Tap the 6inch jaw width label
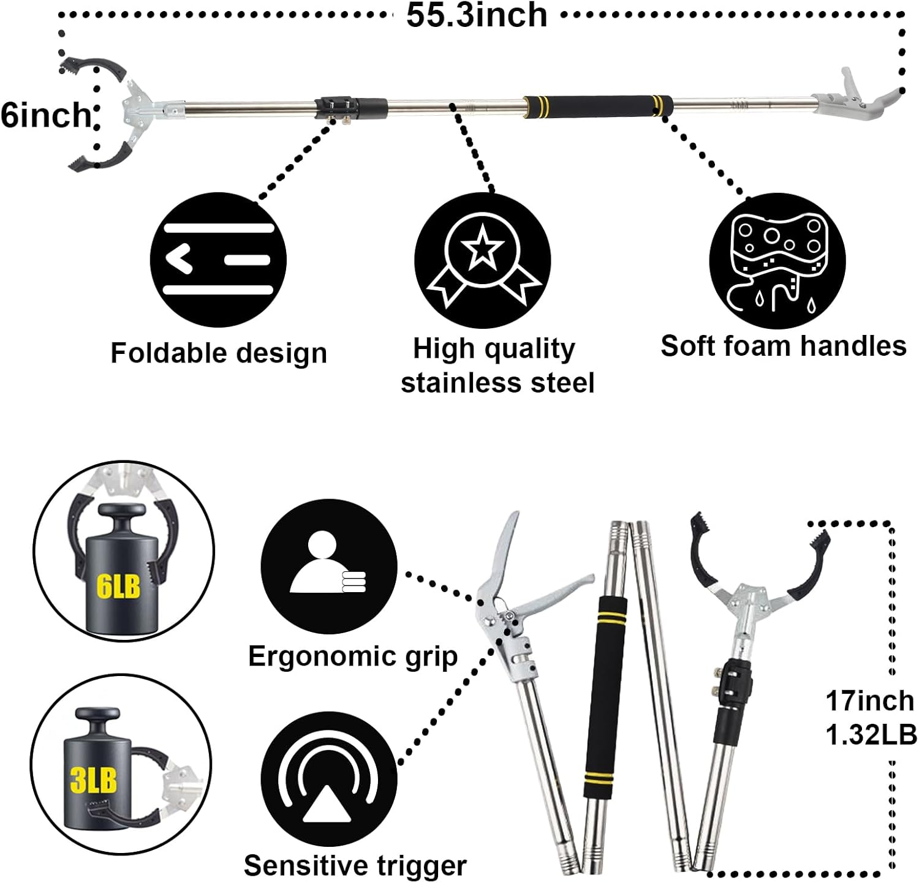pos(45,115)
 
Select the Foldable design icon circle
pos(218,260)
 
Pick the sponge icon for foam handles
pos(777,261)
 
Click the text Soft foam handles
pos(783,346)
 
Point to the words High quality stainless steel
pos(497,366)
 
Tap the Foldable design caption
pos(219,353)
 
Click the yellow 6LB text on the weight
pos(118,586)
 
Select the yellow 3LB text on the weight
pos(94,780)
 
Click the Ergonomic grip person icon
pos(329,566)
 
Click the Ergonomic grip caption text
pos(353,656)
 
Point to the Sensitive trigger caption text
pos(355,866)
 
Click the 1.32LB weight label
pos(871,735)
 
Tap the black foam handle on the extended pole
pos(597,107)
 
